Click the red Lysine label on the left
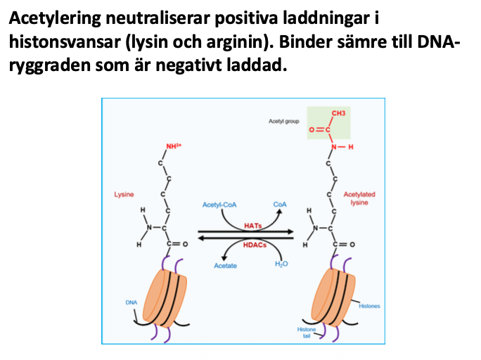point(124,193)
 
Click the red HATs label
point(252,226)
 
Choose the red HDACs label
point(253,246)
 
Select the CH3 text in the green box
point(338,112)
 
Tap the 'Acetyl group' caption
point(283,122)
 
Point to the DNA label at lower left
point(131,302)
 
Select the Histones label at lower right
point(369,307)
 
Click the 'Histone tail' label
point(307,333)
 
